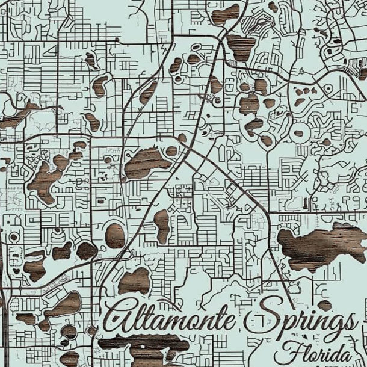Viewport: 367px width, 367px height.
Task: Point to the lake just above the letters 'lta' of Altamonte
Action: tap(134, 281)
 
